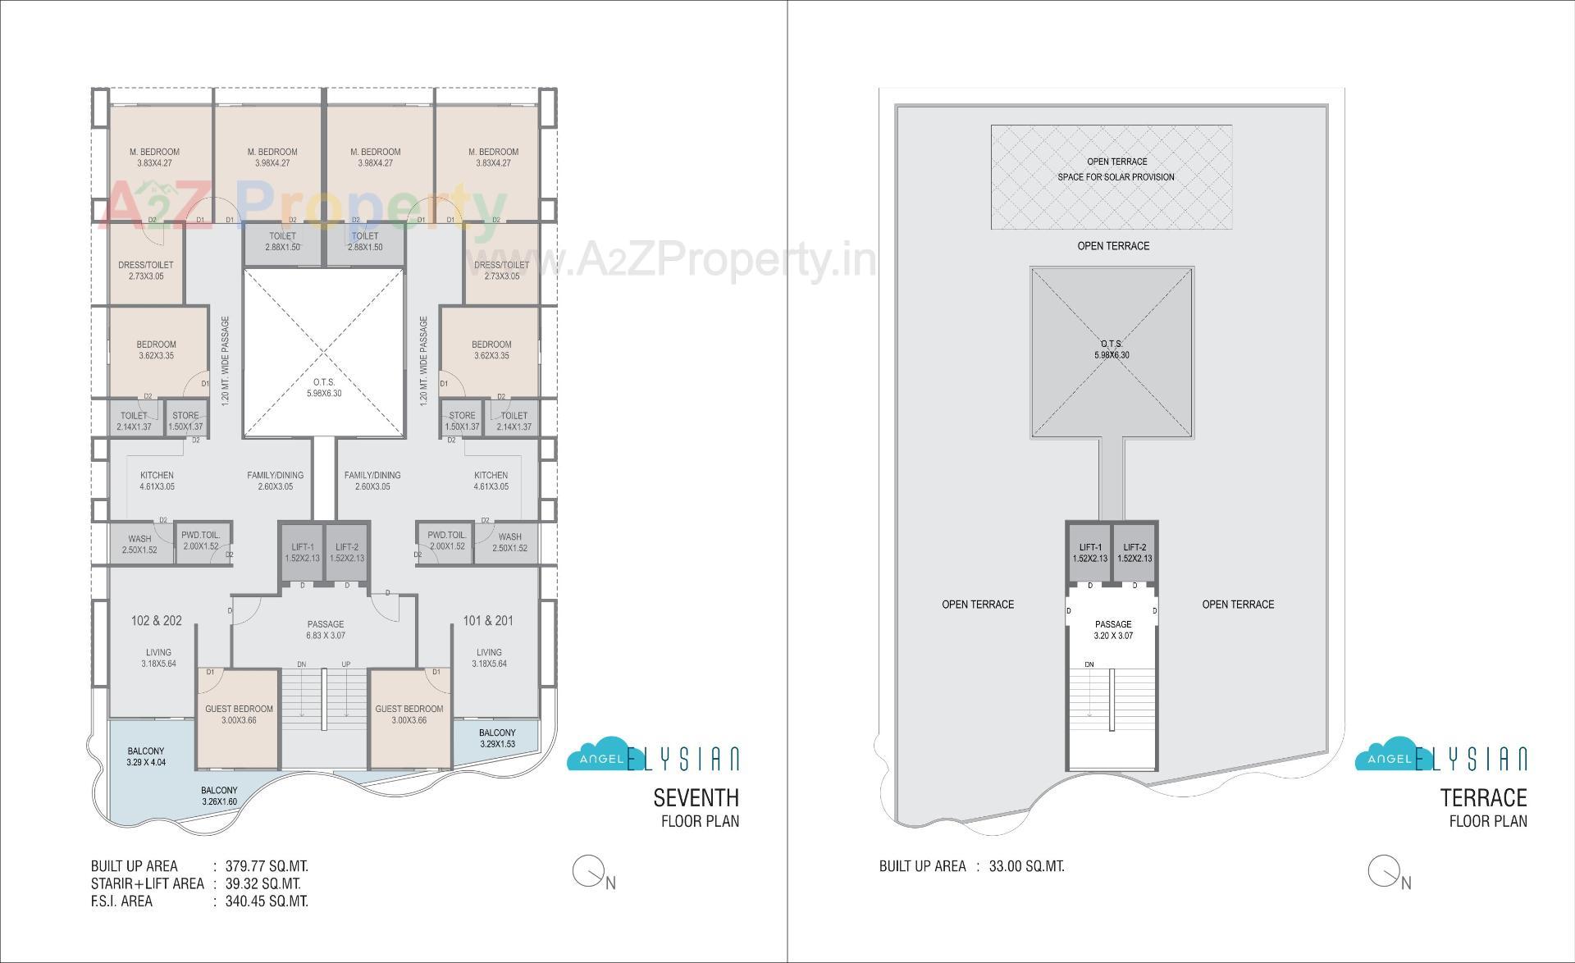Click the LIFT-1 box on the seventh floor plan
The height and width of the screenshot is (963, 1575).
point(302,552)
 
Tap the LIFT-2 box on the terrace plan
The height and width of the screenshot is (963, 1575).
point(1134,552)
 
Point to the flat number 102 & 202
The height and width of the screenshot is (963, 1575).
point(156,621)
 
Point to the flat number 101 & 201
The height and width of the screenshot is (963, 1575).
point(488,621)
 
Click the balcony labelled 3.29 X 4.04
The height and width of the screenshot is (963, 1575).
point(146,756)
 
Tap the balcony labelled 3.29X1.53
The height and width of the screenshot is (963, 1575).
point(497,738)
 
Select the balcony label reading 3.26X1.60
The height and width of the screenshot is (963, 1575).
point(219,796)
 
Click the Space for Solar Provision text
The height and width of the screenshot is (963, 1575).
point(1116,177)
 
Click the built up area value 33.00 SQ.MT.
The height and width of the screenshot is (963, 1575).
point(1026,866)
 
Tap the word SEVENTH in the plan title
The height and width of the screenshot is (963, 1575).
point(696,797)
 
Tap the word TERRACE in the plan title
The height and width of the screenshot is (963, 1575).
point(1484,797)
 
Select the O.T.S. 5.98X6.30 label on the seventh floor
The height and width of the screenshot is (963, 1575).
point(323,388)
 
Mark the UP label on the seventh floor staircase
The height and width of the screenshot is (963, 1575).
point(346,664)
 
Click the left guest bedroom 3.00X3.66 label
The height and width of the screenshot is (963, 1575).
point(239,714)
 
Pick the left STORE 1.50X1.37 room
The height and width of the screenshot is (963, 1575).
point(185,421)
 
